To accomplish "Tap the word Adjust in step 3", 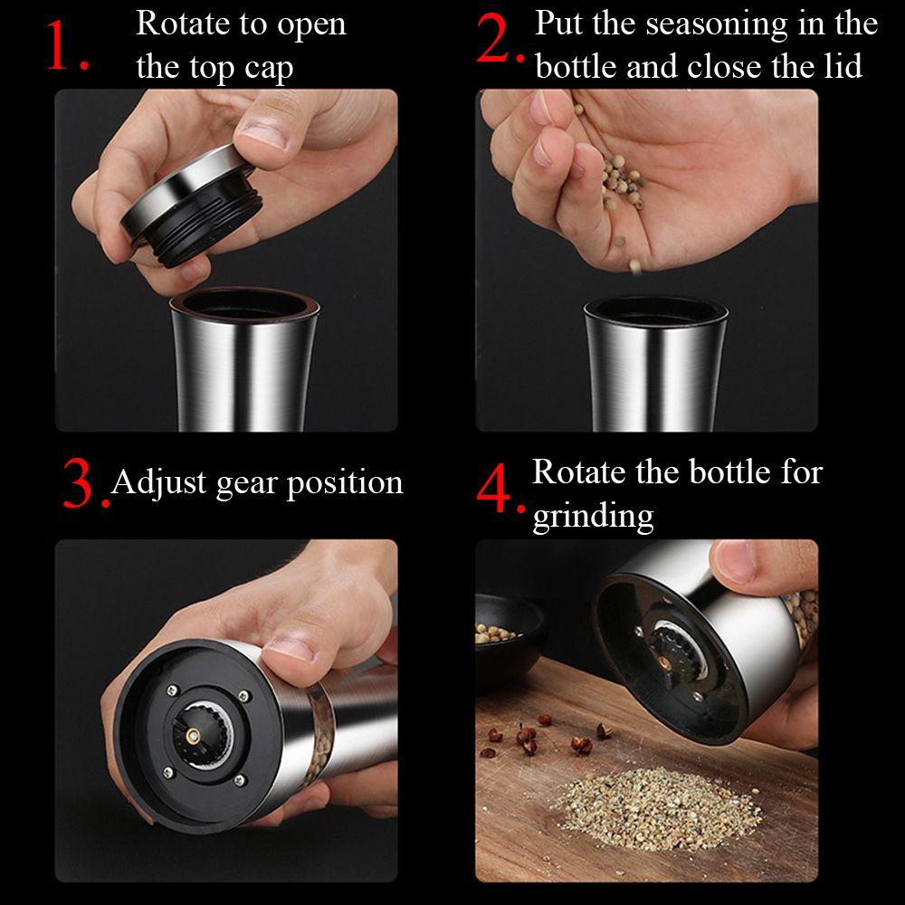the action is coord(158,483).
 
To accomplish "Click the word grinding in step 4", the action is coord(593,516).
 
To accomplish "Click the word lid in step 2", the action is coord(843,65).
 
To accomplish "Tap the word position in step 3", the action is coord(345,483).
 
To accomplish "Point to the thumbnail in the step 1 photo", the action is coord(263,135).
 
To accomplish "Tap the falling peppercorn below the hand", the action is coord(635,266).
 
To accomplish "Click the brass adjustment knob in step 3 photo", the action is coord(192,735).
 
